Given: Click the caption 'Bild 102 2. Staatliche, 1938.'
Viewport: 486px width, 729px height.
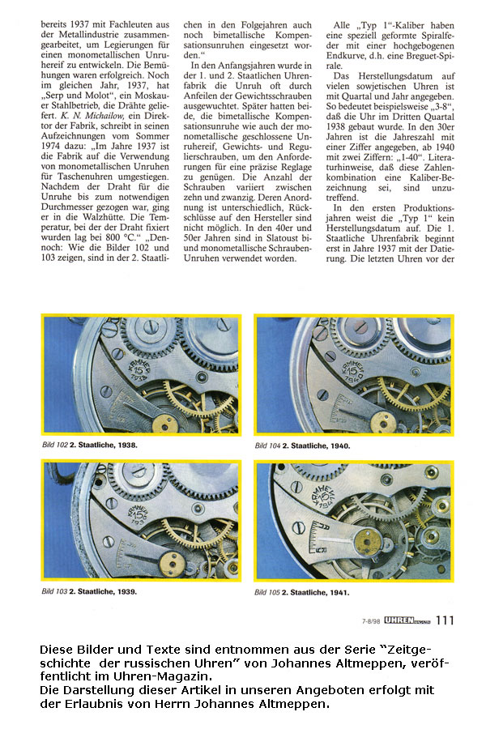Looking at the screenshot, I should [89, 446].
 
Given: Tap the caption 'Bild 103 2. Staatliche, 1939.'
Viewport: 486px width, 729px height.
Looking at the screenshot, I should [89, 592].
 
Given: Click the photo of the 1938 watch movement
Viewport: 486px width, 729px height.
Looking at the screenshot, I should [141, 376].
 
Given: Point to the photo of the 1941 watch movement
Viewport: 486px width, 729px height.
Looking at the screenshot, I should [354, 522].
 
